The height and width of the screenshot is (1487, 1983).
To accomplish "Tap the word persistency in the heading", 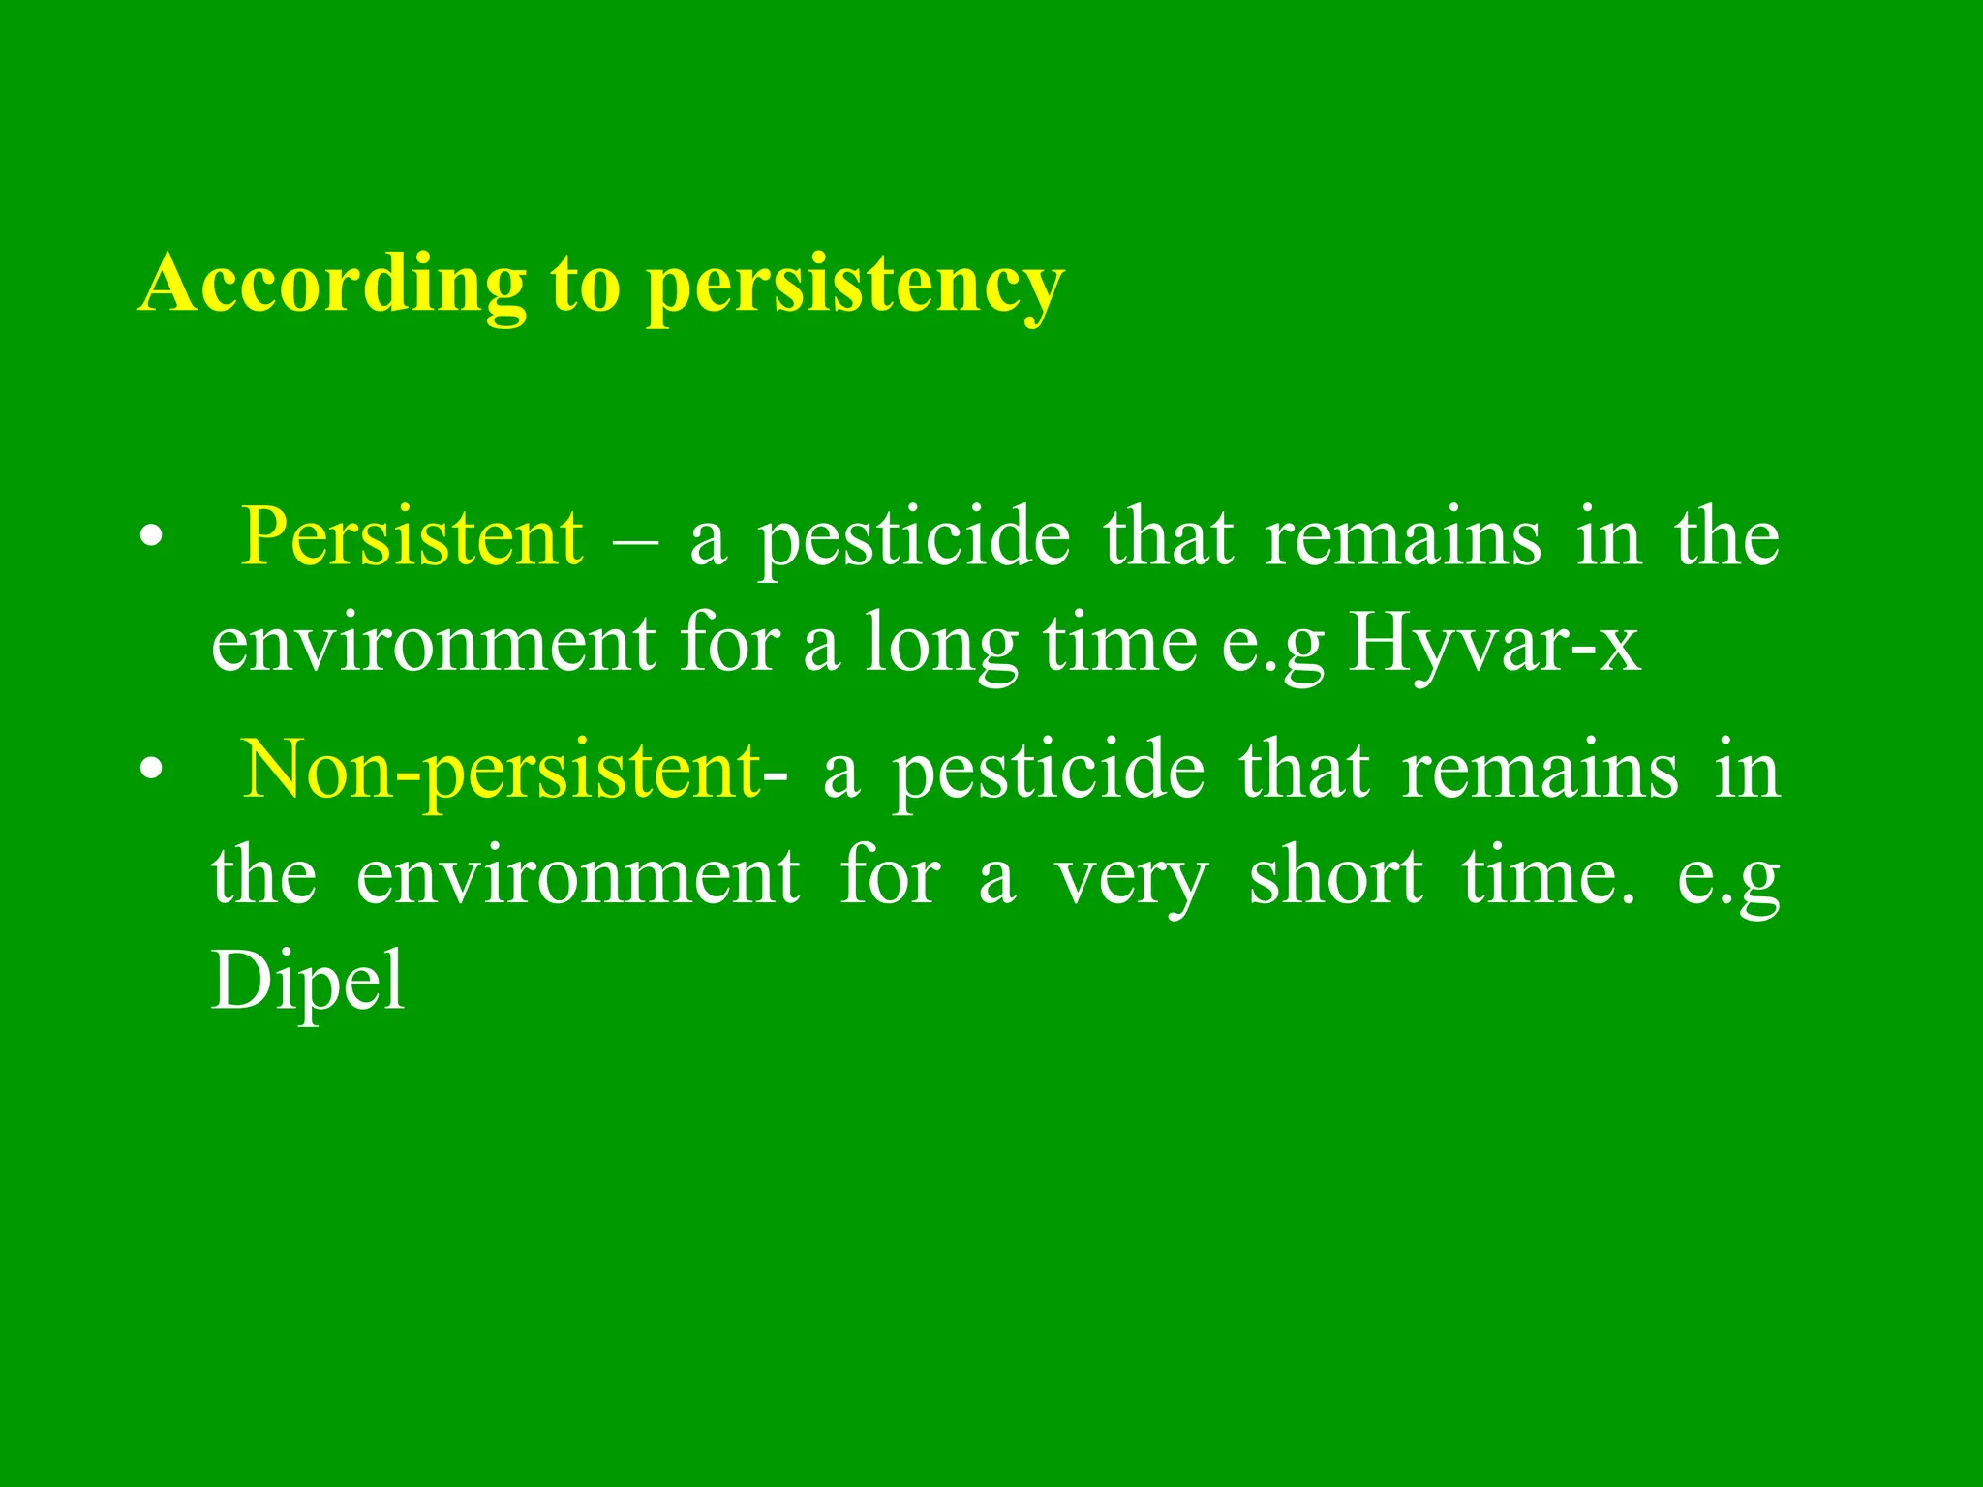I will point(855,286).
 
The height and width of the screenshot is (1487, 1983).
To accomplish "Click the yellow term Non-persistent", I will point(502,771).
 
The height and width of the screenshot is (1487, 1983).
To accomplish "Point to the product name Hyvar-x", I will point(1494,644).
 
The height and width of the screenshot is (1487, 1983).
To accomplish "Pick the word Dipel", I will point(308,981).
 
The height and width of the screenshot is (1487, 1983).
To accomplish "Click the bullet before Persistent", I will point(150,538).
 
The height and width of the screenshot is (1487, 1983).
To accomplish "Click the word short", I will point(1335,876).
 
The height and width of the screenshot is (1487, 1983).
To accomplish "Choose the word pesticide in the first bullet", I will point(914,538).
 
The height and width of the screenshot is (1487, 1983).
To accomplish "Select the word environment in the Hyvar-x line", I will point(433,644).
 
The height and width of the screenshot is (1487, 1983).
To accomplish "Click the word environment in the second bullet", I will point(578,876).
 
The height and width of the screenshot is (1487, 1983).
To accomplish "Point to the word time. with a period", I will point(1548,876).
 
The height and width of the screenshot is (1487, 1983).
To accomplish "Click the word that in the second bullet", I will point(1304,771).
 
